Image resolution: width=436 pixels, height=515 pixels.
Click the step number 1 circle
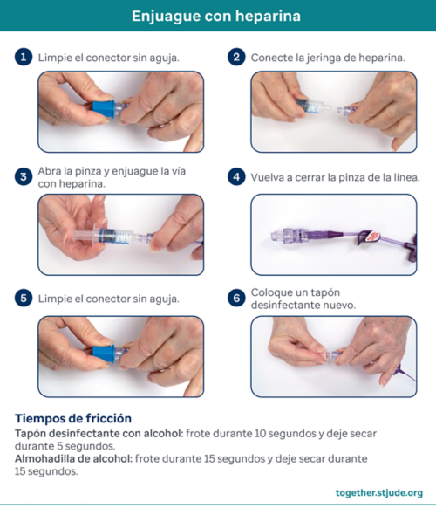[24, 57]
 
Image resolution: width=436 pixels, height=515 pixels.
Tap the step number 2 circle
[236, 57]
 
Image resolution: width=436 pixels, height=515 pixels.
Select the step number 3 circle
[24, 176]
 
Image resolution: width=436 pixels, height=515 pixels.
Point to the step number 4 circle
[236, 176]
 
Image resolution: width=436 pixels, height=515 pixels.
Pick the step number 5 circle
[24, 299]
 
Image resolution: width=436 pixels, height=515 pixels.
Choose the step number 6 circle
[236, 299]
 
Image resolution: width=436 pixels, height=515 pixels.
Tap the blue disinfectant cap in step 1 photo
[104, 109]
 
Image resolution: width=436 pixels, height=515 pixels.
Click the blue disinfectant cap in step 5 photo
[104, 354]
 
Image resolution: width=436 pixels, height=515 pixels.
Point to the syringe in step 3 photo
[108, 236]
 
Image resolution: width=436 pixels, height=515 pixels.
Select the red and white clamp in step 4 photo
[373, 236]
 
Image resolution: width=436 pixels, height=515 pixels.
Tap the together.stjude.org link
[379, 492]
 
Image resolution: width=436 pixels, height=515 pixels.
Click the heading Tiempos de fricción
[73, 418]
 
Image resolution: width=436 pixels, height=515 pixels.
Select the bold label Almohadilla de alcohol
[73, 458]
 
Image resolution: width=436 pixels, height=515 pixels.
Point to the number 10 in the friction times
[260, 434]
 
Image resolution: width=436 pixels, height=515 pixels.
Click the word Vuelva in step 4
[267, 177]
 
